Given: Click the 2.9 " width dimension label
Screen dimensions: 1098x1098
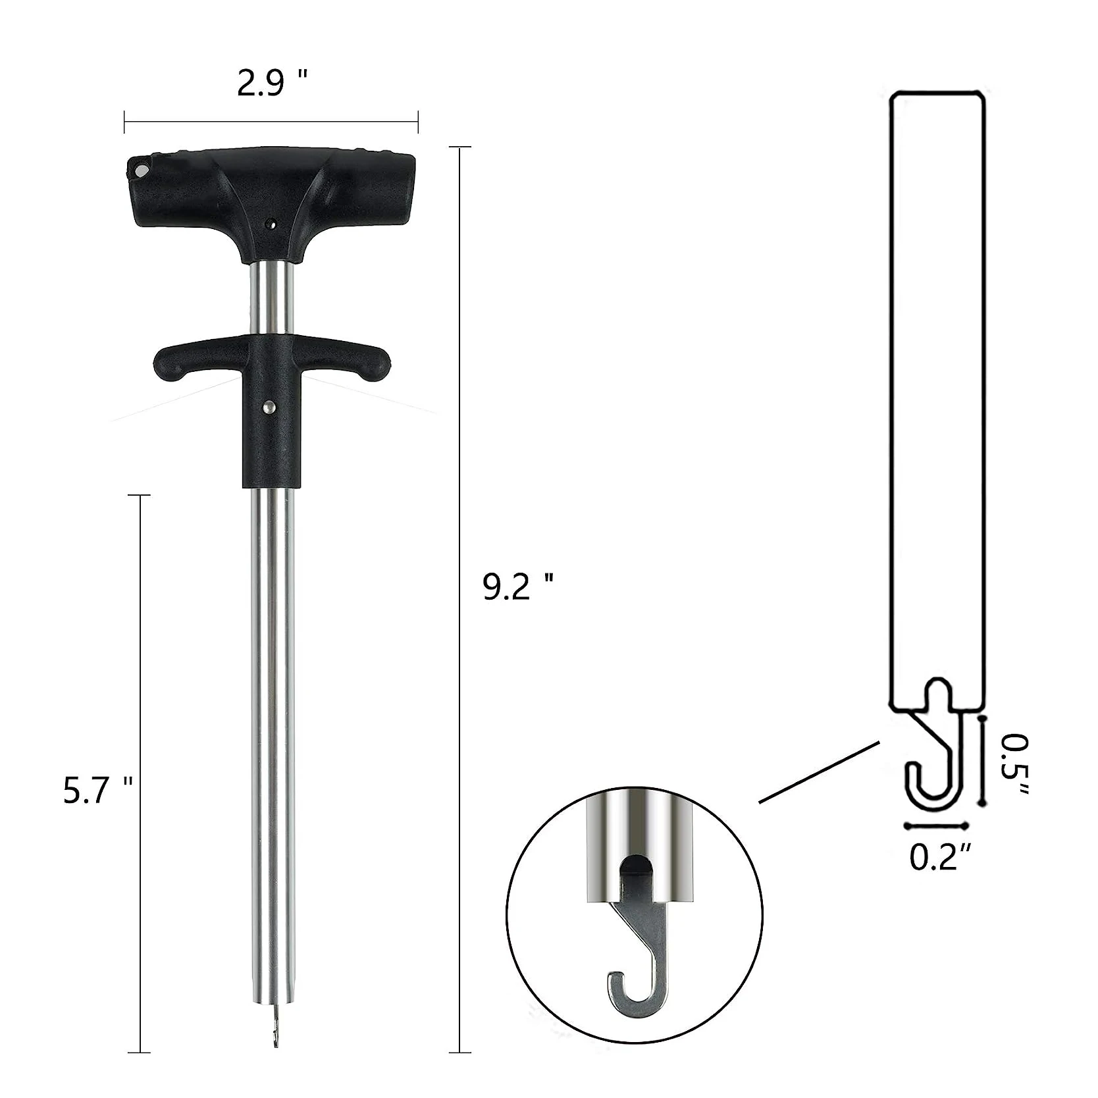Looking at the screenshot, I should click(272, 84).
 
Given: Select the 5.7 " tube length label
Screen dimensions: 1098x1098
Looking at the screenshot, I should click(98, 790).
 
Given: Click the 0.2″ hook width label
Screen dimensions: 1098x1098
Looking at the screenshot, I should click(940, 857).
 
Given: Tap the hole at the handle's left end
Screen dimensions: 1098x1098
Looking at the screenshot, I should click(140, 170).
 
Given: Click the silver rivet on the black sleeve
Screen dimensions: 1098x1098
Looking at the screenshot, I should click(269, 409).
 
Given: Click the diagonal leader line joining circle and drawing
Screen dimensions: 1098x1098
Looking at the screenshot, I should click(820, 771).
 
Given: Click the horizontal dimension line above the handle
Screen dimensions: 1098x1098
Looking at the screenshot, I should click(271, 122).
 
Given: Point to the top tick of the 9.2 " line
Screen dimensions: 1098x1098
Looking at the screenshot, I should click(459, 147).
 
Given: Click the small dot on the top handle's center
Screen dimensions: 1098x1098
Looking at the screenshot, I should click(269, 224).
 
